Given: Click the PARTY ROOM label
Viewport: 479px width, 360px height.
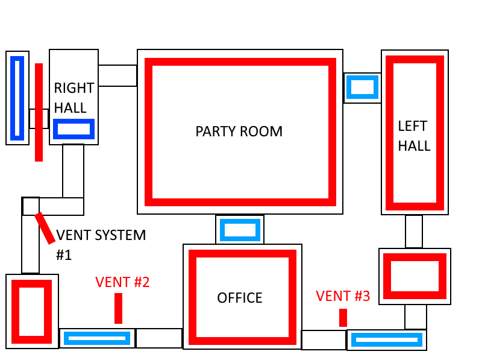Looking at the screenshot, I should (239, 131).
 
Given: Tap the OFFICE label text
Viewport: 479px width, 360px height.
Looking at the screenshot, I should (240, 298).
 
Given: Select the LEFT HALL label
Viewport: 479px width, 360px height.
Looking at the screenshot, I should (414, 136).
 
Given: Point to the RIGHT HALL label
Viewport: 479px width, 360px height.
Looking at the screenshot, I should (74, 98).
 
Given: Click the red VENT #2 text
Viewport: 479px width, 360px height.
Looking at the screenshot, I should (122, 282).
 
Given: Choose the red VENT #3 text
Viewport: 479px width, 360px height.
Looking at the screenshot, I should (343, 296).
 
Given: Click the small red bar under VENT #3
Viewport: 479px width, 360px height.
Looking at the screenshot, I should (343, 318).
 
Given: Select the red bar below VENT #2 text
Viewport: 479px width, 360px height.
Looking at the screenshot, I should (118, 308).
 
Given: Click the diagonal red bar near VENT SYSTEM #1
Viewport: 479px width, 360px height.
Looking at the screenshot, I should (45, 228).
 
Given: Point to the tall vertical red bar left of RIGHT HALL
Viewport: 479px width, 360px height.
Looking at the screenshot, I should (39, 112).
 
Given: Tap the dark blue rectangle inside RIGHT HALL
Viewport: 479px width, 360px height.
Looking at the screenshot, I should (74, 129).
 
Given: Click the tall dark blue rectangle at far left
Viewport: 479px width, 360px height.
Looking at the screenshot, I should (17, 98).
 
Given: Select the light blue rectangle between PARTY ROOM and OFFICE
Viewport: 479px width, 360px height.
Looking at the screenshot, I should (240, 230).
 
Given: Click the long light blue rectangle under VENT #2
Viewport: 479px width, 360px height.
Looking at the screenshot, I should (97, 338).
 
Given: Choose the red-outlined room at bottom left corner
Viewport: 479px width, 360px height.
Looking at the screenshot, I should (32, 311).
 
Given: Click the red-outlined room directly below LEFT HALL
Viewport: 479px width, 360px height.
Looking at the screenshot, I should (415, 276).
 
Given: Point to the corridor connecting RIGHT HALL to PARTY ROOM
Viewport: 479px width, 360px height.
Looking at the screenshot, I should (117, 76).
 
